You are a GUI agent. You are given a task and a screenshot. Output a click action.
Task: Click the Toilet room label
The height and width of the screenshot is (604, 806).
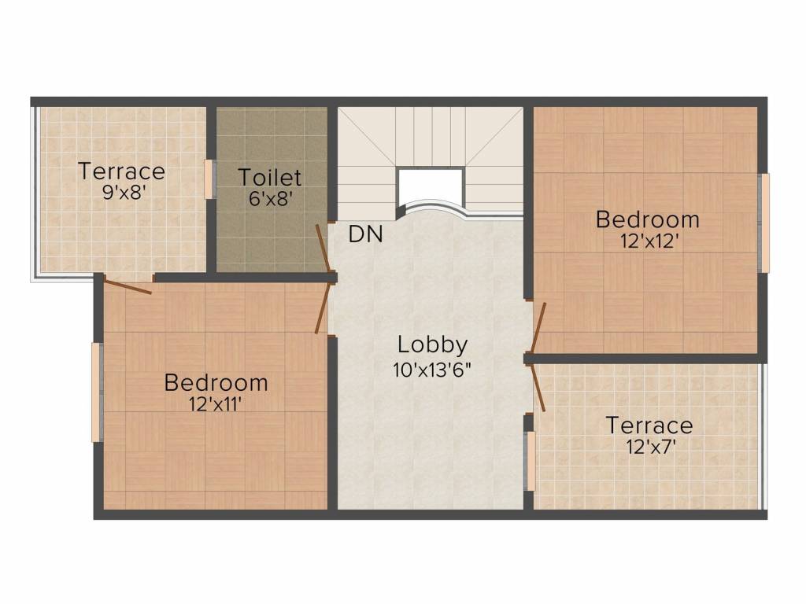270,176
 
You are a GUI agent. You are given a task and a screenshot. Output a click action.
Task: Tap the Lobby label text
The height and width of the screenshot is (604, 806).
432,344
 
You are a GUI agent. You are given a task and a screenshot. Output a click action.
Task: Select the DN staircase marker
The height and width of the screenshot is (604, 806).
366,234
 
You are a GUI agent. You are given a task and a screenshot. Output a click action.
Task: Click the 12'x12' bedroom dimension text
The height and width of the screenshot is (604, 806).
647,241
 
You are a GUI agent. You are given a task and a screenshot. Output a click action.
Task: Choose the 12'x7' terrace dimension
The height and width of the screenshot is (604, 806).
649,447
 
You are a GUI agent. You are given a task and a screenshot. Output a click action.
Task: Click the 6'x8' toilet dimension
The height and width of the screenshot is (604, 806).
271,198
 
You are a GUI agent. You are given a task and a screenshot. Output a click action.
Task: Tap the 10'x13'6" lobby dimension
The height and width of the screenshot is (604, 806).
432,369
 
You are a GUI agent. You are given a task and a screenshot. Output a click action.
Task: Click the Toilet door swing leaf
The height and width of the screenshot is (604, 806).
324,249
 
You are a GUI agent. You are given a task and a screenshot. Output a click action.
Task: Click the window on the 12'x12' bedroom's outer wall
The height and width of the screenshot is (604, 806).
763,223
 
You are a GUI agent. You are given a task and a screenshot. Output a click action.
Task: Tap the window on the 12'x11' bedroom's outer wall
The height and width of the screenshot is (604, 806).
97,392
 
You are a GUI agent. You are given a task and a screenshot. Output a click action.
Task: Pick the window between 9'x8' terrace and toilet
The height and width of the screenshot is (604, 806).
209,179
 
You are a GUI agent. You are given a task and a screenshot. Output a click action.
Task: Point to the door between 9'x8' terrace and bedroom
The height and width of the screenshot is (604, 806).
128,287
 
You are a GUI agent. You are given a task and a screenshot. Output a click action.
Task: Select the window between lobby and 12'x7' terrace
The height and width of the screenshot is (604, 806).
531,460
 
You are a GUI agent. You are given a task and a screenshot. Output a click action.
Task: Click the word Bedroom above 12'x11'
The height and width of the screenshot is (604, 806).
216,383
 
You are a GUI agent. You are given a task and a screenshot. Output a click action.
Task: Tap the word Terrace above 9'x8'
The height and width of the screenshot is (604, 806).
121,171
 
